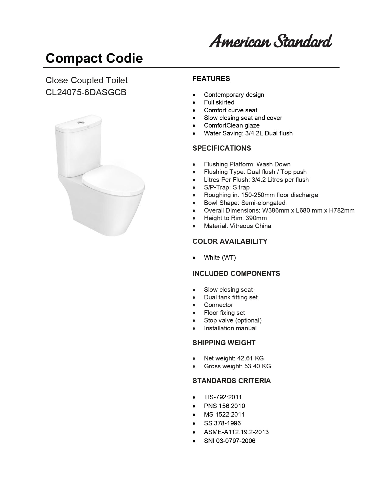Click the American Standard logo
click(270, 41)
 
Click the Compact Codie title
click(94, 58)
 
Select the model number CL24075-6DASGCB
click(86, 92)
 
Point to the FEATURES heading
click(211, 79)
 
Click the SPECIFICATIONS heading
click(222, 148)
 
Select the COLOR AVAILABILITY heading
click(230, 241)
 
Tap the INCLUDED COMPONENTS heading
click(236, 274)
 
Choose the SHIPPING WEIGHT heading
click(224, 343)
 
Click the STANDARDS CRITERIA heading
click(231, 381)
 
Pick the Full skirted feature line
click(219, 102)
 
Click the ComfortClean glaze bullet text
click(232, 125)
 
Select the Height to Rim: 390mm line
click(235, 218)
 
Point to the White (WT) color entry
click(220, 257)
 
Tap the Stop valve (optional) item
click(233, 320)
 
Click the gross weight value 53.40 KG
click(258, 366)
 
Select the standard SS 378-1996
click(222, 423)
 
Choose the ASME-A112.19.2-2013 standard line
click(236, 432)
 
